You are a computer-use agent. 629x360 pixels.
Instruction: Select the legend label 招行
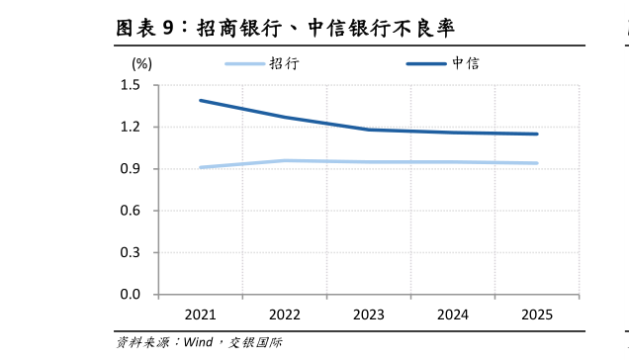[284, 63]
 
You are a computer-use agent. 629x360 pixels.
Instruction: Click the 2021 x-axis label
[201, 315]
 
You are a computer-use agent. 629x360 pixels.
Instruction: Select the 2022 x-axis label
[285, 315]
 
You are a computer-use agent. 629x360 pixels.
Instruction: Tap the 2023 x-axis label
[369, 315]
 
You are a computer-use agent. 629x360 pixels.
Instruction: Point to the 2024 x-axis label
[453, 315]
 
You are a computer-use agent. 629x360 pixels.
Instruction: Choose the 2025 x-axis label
[537, 315]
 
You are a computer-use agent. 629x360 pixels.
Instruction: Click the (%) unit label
[141, 62]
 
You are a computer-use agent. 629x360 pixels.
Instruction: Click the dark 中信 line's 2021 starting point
[201, 100]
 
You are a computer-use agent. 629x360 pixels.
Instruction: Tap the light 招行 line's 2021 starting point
[201, 167]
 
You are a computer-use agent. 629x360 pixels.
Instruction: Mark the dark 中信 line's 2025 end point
[537, 134]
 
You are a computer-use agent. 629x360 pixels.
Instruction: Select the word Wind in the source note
[198, 343]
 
